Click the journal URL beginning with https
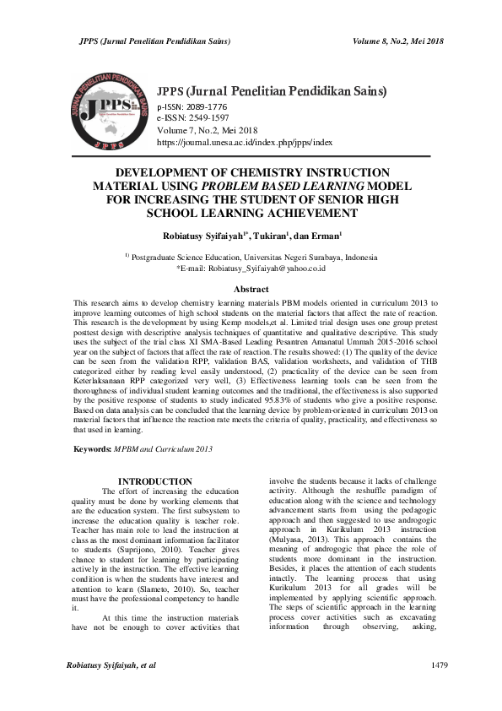245,144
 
